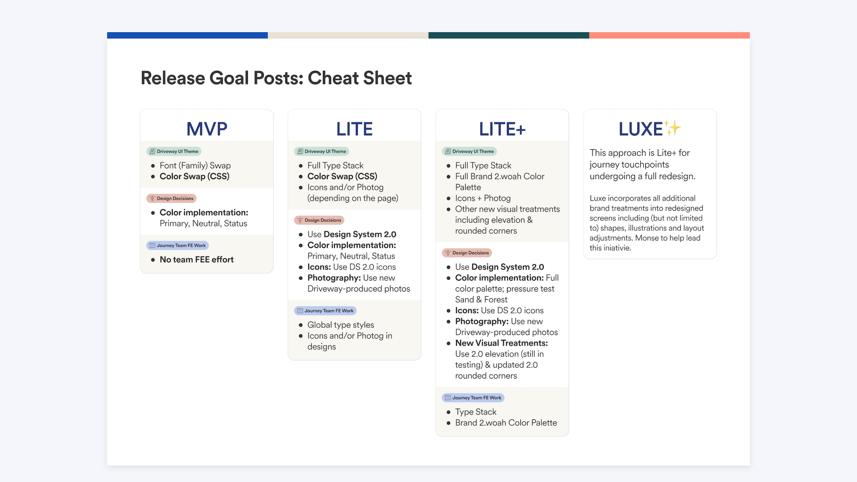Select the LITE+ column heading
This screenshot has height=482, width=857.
[502, 129]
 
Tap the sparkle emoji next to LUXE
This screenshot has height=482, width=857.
[672, 128]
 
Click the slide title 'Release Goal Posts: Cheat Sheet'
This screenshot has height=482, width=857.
[276, 78]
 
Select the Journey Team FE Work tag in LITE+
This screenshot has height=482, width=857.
[473, 398]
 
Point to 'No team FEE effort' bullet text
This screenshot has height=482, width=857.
[197, 259]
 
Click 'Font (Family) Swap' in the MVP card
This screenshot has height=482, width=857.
[195, 166]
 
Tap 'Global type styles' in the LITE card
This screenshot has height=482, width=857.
[340, 325]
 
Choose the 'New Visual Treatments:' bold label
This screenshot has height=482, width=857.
[501, 343]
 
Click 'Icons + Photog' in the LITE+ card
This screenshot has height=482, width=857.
[483, 198]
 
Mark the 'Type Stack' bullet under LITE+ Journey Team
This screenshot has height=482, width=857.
[475, 412]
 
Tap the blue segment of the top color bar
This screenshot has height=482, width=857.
[187, 35]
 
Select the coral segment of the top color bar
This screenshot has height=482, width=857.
[669, 35]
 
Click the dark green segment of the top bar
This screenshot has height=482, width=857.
[509, 35]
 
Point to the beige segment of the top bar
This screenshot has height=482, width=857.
[348, 35]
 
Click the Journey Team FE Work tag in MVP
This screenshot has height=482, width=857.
[177, 246]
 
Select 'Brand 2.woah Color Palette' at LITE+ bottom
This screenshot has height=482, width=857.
[506, 423]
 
